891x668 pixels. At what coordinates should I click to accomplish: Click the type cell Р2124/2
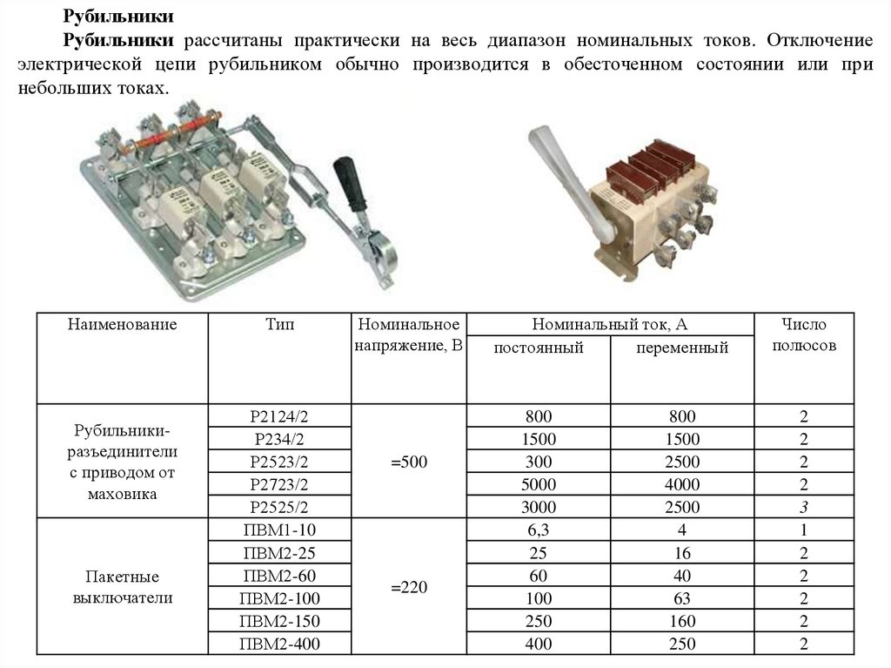279,416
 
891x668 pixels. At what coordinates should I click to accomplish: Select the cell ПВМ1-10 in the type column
279,530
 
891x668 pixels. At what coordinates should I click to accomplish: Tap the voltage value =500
409,462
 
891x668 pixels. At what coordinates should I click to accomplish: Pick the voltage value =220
409,587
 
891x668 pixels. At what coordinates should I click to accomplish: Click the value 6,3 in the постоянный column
538,530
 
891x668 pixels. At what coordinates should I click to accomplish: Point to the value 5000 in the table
538,484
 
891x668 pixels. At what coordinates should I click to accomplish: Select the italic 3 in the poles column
803,507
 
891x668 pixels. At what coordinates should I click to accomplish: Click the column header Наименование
122,324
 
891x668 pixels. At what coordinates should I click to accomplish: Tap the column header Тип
279,324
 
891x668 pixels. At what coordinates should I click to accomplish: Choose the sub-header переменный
682,347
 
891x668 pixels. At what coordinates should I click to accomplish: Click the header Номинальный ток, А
610,324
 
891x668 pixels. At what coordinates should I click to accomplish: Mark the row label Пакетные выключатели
122,587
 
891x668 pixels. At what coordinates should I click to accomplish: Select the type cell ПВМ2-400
279,644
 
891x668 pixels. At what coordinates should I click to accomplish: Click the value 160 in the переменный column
682,621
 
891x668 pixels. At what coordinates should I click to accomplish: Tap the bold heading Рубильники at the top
118,16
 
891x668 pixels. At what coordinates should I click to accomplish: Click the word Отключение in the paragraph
820,40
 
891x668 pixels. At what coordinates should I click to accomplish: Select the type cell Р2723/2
279,484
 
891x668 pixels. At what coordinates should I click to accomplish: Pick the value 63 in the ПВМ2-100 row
682,598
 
